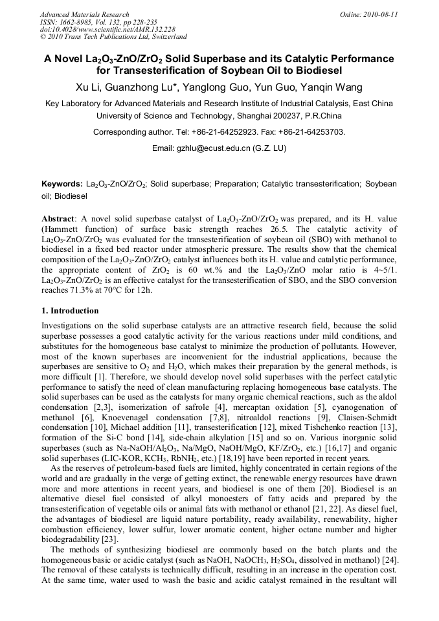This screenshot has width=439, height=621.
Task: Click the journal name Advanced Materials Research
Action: tap(84, 14)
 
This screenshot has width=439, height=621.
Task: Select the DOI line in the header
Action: tap(107, 29)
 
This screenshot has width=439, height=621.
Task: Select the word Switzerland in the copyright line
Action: tap(165, 37)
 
